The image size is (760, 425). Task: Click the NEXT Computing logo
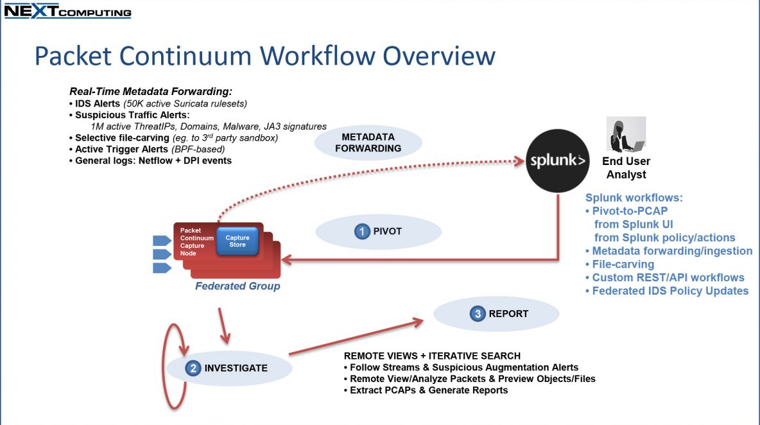tap(67, 11)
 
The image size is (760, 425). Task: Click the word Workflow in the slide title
tap(318, 56)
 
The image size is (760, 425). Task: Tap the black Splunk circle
tap(557, 161)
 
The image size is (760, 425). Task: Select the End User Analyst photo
tap(626, 135)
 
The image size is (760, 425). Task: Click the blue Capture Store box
tap(237, 241)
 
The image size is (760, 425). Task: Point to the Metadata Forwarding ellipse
tap(368, 143)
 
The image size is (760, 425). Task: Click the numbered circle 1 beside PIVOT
tap(361, 232)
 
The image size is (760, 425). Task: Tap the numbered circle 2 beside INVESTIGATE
tap(193, 369)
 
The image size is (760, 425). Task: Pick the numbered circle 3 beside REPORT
tap(478, 314)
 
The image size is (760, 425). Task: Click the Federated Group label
tap(237, 286)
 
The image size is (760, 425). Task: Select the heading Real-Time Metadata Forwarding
tap(151, 92)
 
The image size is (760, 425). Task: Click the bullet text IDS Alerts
tap(97, 104)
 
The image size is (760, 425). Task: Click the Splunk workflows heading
tap(634, 198)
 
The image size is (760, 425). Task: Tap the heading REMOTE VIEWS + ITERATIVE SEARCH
tap(433, 356)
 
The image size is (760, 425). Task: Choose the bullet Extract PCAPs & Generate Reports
tap(426, 390)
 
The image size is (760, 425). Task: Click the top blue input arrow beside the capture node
tap(162, 241)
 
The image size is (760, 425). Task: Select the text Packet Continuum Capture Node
tap(197, 242)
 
